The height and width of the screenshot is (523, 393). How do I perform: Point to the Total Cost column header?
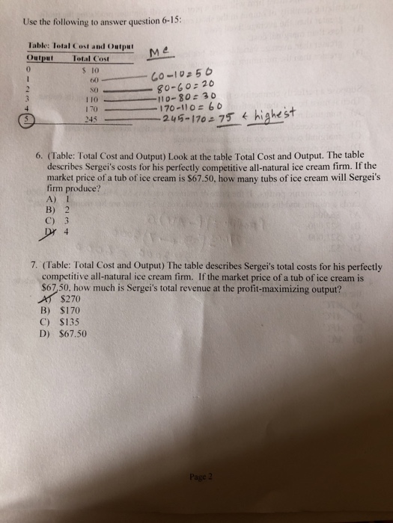click(91, 58)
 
